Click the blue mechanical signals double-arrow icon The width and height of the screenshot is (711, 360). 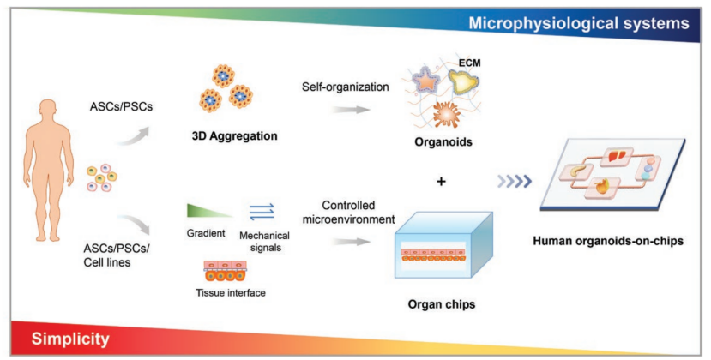click(262, 211)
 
